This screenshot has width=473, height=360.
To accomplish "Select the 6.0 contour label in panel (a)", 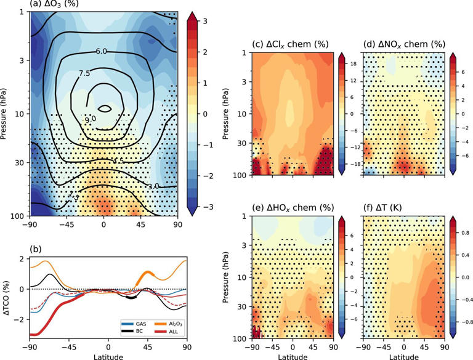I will [103, 52].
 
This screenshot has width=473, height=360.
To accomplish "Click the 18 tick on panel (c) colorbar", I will [352, 63].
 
